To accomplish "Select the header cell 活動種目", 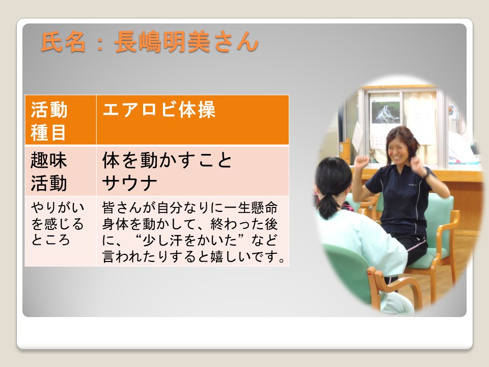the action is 61,120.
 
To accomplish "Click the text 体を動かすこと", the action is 167,160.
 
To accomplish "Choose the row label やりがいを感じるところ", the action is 58,223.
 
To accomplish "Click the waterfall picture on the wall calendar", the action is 386,113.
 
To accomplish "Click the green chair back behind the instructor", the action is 440,219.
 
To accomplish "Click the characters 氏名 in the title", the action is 63,42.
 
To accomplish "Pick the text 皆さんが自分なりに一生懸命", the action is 189,207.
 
